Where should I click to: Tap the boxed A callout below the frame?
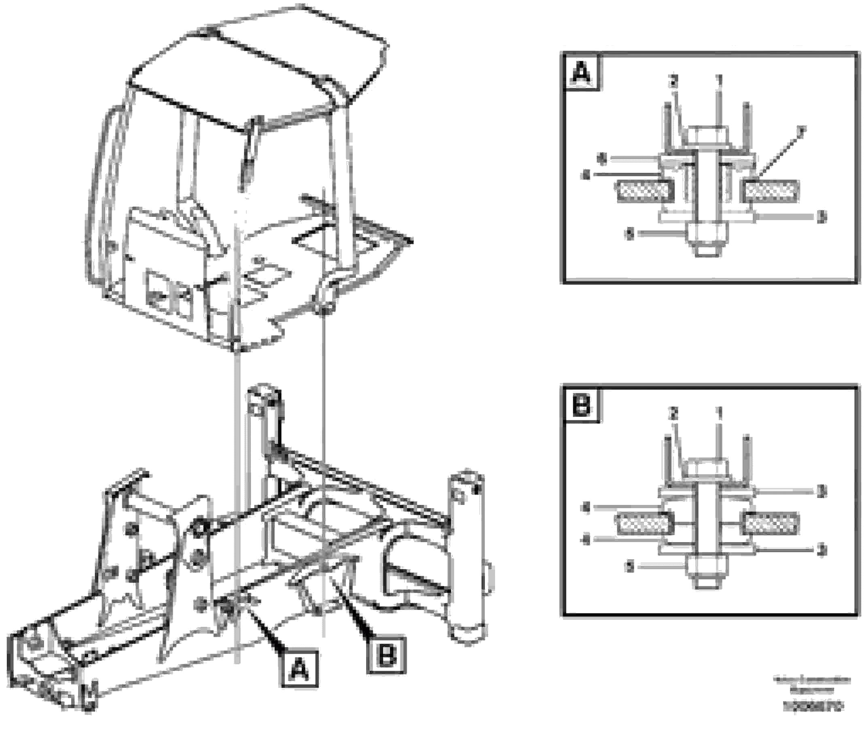click(299, 669)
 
